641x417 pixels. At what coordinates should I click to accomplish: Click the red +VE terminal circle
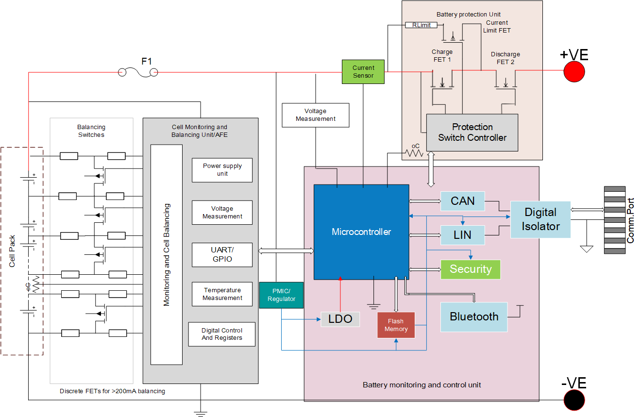(x=574, y=72)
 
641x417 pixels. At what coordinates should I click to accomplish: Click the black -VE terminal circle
(x=574, y=400)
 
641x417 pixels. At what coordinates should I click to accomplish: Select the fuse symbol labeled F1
(x=138, y=73)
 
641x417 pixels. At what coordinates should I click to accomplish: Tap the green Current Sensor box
(x=363, y=72)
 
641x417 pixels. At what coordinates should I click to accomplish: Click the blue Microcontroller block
(x=361, y=232)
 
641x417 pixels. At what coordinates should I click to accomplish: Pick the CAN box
(x=462, y=201)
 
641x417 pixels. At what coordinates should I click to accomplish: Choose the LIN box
(x=462, y=235)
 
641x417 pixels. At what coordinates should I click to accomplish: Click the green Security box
(x=470, y=269)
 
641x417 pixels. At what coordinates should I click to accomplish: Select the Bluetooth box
(x=473, y=317)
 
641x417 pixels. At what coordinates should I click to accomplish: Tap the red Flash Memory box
(x=396, y=325)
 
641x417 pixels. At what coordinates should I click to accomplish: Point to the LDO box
(x=340, y=319)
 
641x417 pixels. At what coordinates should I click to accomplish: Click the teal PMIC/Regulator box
(x=281, y=295)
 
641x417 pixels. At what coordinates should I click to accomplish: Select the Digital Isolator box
(x=540, y=219)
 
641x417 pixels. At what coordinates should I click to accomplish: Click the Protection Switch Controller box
(x=472, y=133)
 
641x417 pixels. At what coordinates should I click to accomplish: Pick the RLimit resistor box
(x=421, y=25)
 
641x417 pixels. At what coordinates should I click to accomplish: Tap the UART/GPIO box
(x=222, y=254)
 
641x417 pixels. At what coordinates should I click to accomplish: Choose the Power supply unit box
(x=222, y=170)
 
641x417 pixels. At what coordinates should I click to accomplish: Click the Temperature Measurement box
(x=222, y=294)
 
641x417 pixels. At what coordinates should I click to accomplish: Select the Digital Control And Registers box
(x=221, y=334)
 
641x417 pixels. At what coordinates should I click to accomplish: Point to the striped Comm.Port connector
(x=614, y=220)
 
